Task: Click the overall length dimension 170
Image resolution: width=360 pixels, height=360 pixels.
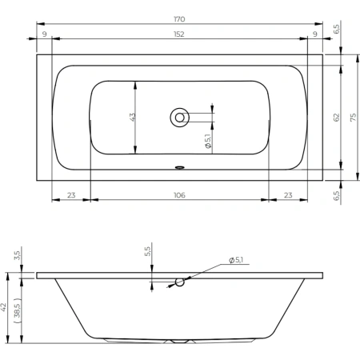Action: (x=179, y=19)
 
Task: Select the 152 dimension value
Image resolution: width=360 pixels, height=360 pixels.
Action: (x=179, y=34)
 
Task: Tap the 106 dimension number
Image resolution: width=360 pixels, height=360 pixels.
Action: (x=179, y=195)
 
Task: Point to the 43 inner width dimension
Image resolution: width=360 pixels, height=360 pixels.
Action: (x=133, y=118)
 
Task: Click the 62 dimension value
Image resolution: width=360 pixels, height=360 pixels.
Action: (x=337, y=118)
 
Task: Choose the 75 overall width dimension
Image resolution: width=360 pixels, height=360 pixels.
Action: (x=353, y=118)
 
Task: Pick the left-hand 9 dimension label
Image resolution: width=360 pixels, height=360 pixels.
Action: (x=45, y=34)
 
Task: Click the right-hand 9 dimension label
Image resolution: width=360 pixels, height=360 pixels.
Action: (x=315, y=34)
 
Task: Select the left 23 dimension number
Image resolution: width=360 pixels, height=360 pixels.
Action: (x=71, y=195)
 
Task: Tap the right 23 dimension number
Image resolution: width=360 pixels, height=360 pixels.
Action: (x=288, y=195)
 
